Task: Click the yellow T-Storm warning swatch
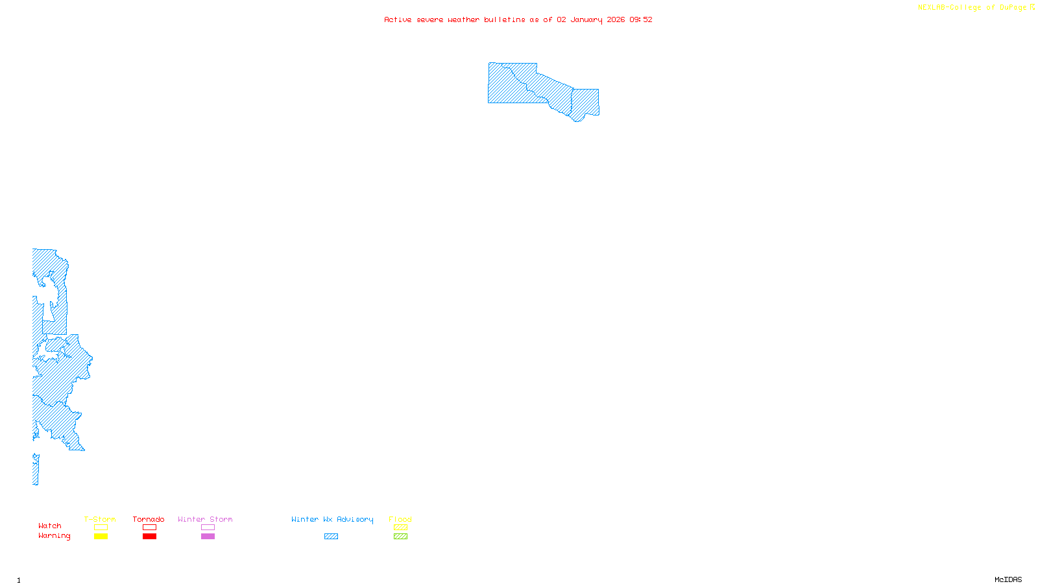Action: [101, 537]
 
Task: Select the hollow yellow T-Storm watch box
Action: [101, 528]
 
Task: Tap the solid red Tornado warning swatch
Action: [149, 537]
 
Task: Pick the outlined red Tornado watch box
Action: [149, 528]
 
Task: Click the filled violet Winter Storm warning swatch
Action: [208, 537]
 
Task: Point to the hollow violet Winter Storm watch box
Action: [208, 528]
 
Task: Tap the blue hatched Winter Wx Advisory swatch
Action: [331, 537]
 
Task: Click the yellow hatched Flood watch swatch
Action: [400, 528]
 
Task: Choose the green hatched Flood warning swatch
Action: [400, 537]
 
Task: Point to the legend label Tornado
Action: [149, 519]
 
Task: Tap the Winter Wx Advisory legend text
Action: [332, 519]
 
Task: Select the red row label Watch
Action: [49, 526]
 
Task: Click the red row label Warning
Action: [54, 536]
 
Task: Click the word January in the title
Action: [586, 19]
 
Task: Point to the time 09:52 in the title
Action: [640, 19]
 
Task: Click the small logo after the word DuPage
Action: [1032, 7]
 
